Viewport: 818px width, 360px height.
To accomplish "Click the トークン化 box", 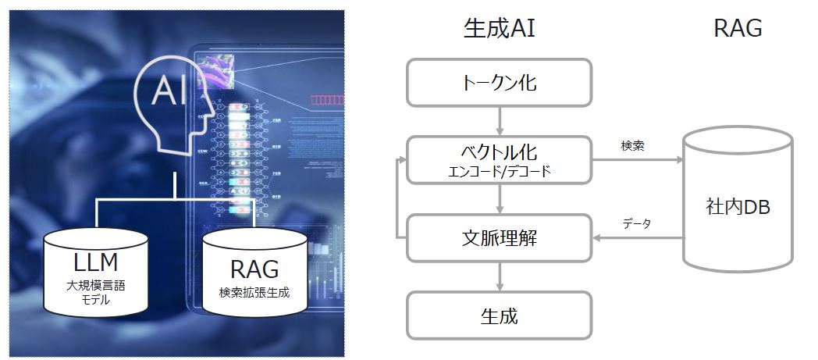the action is [500, 83].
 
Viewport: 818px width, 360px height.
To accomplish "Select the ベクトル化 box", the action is [500, 159].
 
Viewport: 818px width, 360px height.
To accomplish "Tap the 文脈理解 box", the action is [500, 238].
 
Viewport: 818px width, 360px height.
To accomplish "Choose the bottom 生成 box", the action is [500, 315].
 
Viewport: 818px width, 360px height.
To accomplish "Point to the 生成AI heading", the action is [500, 29].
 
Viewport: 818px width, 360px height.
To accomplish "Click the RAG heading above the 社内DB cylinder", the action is [738, 29].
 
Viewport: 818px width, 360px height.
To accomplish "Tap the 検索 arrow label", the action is [632, 146].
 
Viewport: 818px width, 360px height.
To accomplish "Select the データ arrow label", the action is [637, 224].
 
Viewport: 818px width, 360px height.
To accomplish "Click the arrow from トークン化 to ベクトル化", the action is [500, 121].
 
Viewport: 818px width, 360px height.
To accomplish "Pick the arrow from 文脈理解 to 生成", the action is [500, 276].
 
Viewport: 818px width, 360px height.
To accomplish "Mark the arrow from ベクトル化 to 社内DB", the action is [638, 159].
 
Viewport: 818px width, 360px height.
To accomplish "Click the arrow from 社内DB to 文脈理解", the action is [638, 238].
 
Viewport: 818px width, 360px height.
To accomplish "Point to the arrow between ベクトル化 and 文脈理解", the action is [500, 199].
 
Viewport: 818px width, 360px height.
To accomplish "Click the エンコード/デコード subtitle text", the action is [500, 172].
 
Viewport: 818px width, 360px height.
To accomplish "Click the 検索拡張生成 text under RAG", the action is [254, 293].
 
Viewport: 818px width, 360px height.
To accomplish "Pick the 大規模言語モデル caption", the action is [96, 293].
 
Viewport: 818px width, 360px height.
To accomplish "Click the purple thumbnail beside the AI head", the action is [215, 73].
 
